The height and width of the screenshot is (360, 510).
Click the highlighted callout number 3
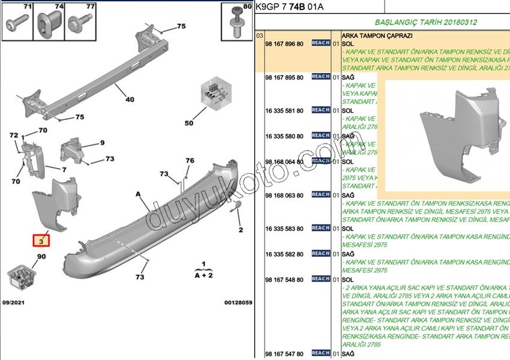click(41, 241)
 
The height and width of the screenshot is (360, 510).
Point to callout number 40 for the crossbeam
click(130, 100)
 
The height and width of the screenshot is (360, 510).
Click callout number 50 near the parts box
click(189, 123)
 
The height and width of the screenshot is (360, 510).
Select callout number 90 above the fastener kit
click(41, 257)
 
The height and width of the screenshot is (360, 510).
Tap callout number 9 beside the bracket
click(102, 143)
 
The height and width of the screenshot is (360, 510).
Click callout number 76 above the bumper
click(190, 160)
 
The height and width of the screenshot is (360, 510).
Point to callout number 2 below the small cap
click(241, 230)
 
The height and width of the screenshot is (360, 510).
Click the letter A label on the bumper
click(138, 194)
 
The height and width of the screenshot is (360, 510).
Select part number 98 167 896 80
click(284, 44)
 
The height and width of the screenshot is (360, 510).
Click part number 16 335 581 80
click(284, 110)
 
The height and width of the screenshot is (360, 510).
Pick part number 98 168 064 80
click(284, 162)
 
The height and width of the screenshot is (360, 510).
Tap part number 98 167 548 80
click(284, 280)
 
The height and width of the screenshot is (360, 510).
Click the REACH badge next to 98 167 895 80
click(320, 77)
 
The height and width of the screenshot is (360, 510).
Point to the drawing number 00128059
click(238, 302)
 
